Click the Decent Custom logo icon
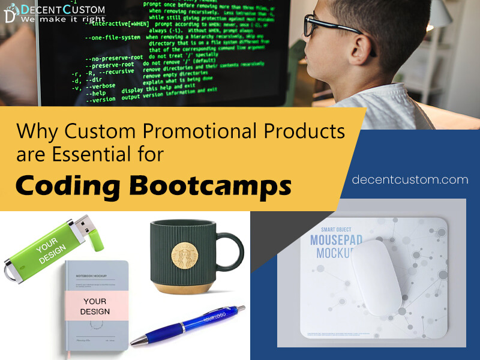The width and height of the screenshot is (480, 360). pos(10,14)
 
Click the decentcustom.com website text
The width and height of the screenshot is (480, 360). pos(410,179)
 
